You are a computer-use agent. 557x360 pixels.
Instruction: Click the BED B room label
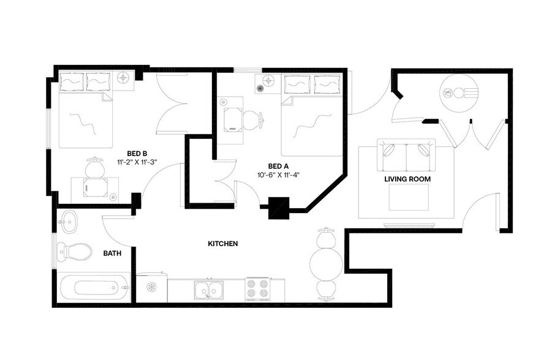[x=137, y=154]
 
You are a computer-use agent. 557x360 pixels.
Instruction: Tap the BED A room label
[x=278, y=166]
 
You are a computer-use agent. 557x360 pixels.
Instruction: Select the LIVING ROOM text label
[x=407, y=179]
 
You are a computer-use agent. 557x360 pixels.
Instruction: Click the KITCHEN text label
[x=222, y=244]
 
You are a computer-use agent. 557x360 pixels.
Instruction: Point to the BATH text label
[x=112, y=252]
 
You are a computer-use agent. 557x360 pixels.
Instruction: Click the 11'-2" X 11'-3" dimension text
[x=137, y=162]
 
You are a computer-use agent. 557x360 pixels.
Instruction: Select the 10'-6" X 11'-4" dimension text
[x=279, y=174]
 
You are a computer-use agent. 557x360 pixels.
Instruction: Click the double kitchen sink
[x=209, y=288]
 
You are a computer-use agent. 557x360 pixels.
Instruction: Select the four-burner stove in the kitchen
[x=257, y=289]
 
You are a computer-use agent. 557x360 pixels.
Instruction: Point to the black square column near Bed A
[x=279, y=207]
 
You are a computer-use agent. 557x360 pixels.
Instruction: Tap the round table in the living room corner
[x=458, y=93]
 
